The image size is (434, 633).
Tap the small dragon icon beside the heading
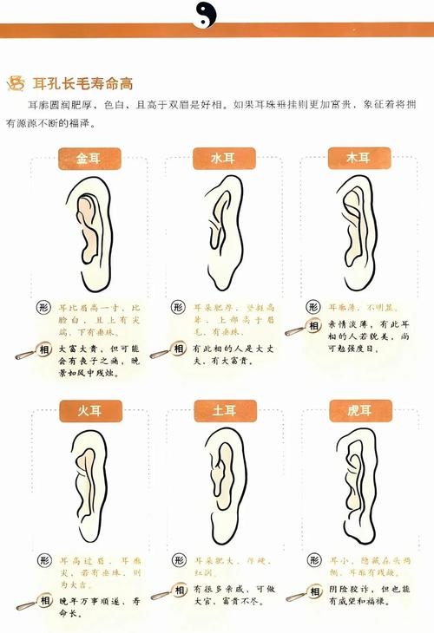(x=15, y=83)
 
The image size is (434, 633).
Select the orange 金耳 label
(x=89, y=158)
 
